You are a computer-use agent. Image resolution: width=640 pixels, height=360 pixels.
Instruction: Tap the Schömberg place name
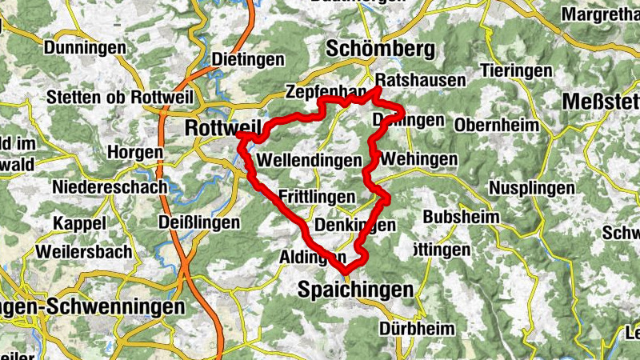(380, 50)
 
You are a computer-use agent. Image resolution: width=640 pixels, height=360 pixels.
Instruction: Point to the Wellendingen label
(310, 161)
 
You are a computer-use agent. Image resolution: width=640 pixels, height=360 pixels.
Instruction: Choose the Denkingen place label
(355, 226)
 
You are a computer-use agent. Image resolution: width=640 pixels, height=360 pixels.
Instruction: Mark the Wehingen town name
(419, 160)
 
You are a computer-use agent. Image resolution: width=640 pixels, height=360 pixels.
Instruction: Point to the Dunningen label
(86, 48)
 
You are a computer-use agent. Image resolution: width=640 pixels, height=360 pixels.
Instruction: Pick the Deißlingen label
(199, 222)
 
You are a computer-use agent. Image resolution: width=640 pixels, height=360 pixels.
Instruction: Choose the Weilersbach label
(84, 252)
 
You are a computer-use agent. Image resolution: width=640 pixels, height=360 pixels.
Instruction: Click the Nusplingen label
(533, 188)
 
